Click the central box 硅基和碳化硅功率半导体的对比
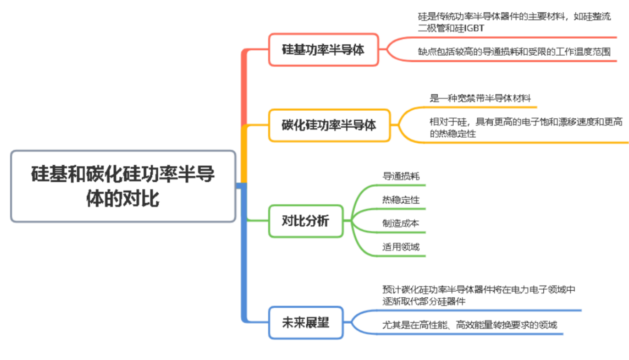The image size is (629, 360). pos(123,186)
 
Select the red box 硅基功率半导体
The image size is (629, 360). pos(323,49)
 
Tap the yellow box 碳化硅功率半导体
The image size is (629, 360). pos(329,125)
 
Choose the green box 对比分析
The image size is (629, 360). pos(305,221)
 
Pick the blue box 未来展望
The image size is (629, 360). pos(305,323)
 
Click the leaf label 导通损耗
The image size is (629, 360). pos(400,177)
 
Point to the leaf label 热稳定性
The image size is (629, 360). pos(400,200)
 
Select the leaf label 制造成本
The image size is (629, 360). pos(400,223)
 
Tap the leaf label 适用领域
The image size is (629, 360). pos(400,246)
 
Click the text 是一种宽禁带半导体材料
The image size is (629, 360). pos(480,98)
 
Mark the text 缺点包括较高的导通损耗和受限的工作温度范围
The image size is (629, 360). pos(514,52)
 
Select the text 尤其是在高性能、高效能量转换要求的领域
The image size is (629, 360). pos(469,325)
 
